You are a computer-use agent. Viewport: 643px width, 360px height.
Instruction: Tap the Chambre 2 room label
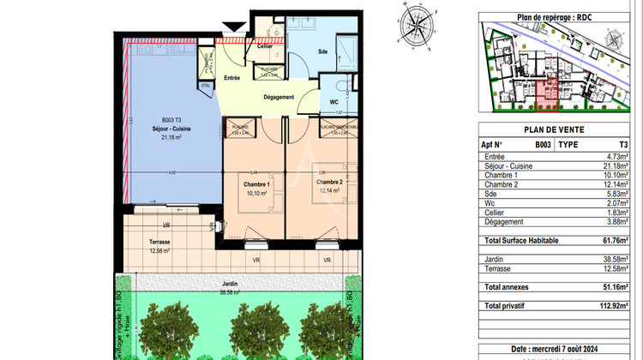(328, 182)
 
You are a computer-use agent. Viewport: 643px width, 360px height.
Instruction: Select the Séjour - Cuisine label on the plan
(177, 129)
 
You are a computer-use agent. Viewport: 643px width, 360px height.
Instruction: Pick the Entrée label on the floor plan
(231, 78)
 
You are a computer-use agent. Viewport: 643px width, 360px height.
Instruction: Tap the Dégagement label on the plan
(279, 97)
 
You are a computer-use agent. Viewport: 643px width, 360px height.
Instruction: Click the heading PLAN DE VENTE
(558, 131)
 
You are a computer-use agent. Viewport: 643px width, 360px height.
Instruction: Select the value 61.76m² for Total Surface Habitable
(612, 242)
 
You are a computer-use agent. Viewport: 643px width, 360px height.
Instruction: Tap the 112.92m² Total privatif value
(610, 306)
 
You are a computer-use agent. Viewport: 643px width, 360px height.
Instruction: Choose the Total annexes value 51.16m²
(612, 287)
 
